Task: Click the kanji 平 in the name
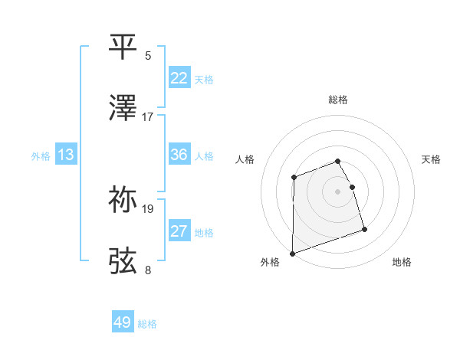click(x=123, y=47)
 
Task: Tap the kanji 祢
click(x=123, y=199)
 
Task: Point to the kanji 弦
click(x=123, y=260)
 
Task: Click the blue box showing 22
click(x=179, y=78)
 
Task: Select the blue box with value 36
click(x=179, y=155)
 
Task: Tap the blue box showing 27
click(x=179, y=231)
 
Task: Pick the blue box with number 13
click(x=66, y=155)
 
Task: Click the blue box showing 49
click(x=123, y=322)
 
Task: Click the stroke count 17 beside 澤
click(x=148, y=117)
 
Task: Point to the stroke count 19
click(x=148, y=208)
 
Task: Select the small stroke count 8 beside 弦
click(x=148, y=270)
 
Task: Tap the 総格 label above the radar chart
click(x=338, y=100)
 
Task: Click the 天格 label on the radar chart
click(x=431, y=159)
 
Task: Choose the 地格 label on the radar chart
click(x=402, y=262)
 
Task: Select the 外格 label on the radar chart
click(x=270, y=262)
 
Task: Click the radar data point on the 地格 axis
click(x=364, y=229)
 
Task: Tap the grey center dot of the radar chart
click(x=337, y=191)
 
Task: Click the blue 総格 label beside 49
click(x=147, y=324)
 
